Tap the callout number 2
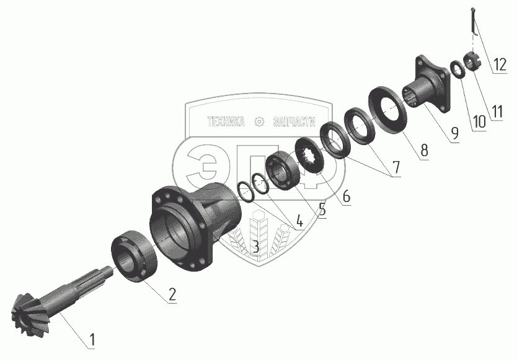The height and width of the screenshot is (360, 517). [172, 294]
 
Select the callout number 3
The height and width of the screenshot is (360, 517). [256, 246]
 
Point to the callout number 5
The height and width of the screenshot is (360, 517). [322, 209]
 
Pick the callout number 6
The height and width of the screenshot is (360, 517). [345, 196]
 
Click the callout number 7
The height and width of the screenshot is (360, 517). [395, 167]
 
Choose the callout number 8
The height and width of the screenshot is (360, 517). [424, 151]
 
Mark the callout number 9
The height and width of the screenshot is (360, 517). [454, 133]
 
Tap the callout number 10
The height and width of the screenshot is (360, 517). [479, 121]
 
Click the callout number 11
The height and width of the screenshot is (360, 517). [497, 112]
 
